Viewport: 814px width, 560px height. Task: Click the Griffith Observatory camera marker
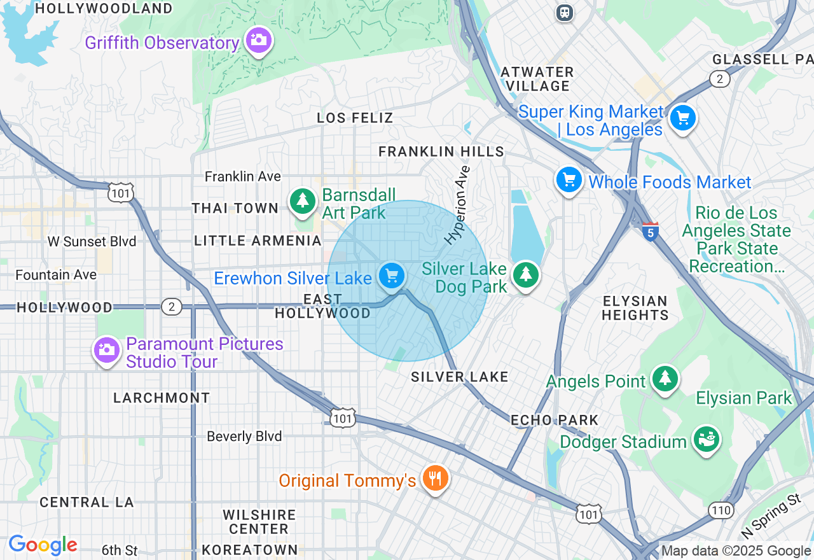coord(258,41)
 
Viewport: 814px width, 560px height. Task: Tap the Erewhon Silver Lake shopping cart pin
coord(392,276)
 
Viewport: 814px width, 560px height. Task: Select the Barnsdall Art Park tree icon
coord(303,200)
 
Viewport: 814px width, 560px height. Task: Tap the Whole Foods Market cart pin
coord(569,180)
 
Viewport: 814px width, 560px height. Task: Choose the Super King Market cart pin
coord(682,118)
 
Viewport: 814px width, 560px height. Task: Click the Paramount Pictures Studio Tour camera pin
coord(107,349)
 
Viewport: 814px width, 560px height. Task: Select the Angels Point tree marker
coord(665,378)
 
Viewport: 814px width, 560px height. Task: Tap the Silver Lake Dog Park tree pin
coord(525,275)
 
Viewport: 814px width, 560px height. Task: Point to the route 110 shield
coord(722,510)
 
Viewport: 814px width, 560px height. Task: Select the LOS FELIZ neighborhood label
coord(355,118)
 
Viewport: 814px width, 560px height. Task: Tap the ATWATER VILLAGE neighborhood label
coord(538,79)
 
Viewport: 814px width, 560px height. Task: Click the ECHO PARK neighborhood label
coord(555,420)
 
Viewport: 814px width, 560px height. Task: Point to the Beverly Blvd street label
coord(244,437)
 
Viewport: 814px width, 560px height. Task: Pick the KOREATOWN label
coord(249,549)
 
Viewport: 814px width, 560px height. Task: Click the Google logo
coord(43,545)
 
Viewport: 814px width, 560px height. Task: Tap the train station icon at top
coord(564,12)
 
